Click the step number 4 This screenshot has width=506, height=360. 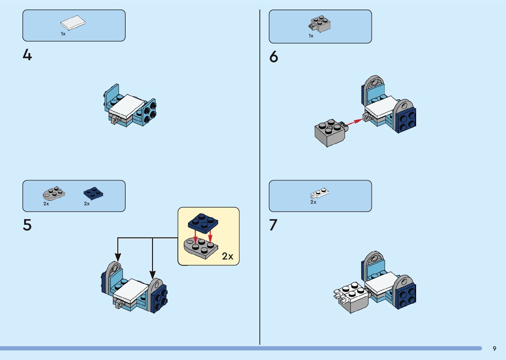[27, 55]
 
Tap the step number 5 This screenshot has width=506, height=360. [27, 225]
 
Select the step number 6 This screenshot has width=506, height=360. [274, 57]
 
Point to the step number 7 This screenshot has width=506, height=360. [273, 225]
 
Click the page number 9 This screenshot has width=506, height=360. [494, 349]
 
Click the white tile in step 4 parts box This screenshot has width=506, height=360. [73, 23]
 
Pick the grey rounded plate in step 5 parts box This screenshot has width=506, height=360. [54, 194]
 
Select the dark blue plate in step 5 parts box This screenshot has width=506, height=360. [94, 193]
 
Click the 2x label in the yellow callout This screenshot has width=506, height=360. [228, 256]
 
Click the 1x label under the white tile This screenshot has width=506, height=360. [63, 34]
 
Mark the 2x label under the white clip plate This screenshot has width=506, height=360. [313, 202]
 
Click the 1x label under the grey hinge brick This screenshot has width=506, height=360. [311, 36]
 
